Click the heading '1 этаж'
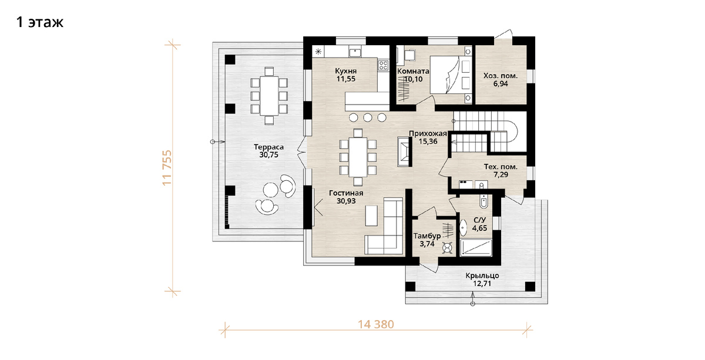tap(40, 22)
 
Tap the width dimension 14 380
tap(376, 324)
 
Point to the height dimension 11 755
tap(167, 168)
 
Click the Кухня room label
tap(346, 70)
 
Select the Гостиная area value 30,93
tap(346, 201)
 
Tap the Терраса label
tap(269, 147)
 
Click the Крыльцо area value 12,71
tap(482, 284)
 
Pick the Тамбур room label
tap(427, 236)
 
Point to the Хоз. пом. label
tap(501, 76)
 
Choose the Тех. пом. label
tap(501, 167)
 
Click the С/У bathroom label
tap(479, 220)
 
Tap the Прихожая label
tap(428, 133)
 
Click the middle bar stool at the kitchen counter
tap(368, 117)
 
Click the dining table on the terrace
tap(269, 96)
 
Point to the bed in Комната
tap(451, 75)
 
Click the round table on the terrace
tap(271, 190)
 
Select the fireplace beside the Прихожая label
tap(404, 152)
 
